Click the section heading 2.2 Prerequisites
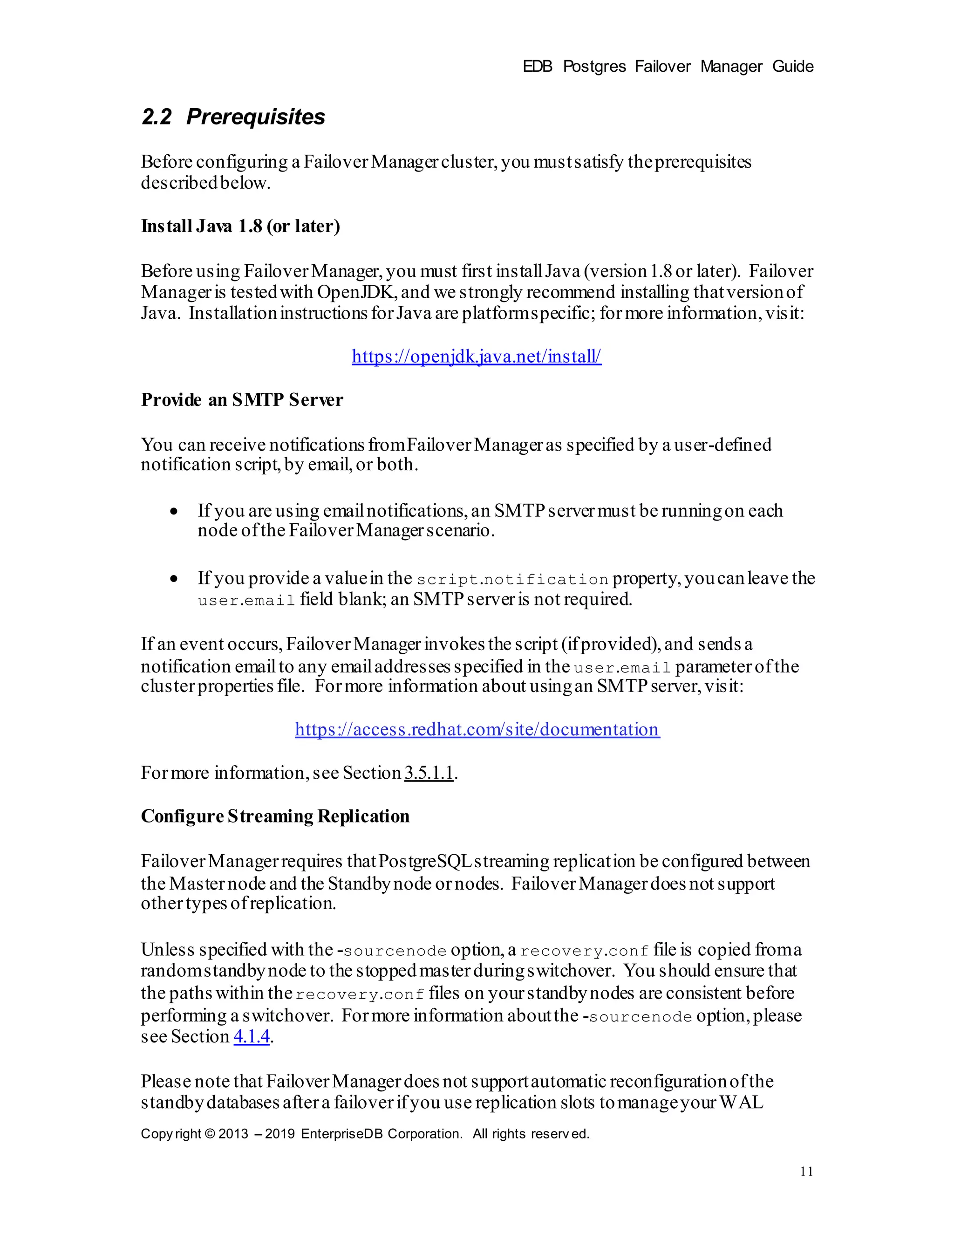[x=233, y=117]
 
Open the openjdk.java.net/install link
[x=476, y=356]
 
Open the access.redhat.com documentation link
[x=477, y=729]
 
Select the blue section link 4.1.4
[x=252, y=1037]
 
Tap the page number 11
[x=806, y=1171]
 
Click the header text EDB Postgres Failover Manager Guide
[x=668, y=67]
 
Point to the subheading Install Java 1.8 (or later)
[x=240, y=226]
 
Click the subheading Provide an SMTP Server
[x=242, y=400]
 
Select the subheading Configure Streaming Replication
[x=275, y=816]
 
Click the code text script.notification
[x=512, y=580]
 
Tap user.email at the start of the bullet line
[x=246, y=601]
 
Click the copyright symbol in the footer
[x=210, y=1134]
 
